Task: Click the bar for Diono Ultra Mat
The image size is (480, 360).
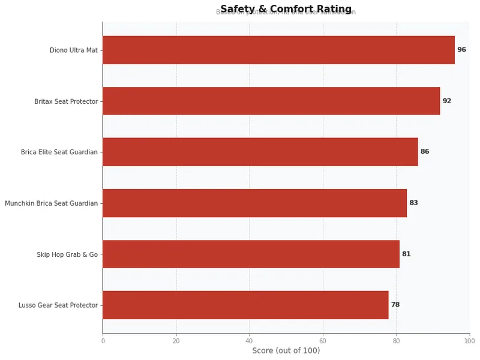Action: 278,50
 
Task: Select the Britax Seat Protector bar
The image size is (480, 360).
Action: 271,101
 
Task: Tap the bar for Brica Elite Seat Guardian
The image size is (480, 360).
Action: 260,152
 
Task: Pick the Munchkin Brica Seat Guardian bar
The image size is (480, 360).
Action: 254,203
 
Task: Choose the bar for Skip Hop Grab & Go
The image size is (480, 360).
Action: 251,254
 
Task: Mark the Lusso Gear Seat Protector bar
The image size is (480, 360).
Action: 245,305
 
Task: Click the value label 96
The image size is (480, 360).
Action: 461,50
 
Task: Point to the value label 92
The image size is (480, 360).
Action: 447,101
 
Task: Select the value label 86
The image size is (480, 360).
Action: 425,152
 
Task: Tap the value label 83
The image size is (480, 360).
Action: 413,203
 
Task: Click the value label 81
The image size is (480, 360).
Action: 406,254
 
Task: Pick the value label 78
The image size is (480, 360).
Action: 395,305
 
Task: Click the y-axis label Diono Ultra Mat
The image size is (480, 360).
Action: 73,50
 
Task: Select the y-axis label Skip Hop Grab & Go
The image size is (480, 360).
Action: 67,254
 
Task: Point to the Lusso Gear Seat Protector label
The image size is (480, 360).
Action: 58,305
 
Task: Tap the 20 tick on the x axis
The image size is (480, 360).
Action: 176,341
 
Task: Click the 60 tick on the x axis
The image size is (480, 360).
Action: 323,341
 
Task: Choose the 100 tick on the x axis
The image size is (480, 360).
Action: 469,341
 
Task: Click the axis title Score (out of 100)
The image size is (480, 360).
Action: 286,350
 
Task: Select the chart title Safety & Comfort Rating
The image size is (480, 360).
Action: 286,9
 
